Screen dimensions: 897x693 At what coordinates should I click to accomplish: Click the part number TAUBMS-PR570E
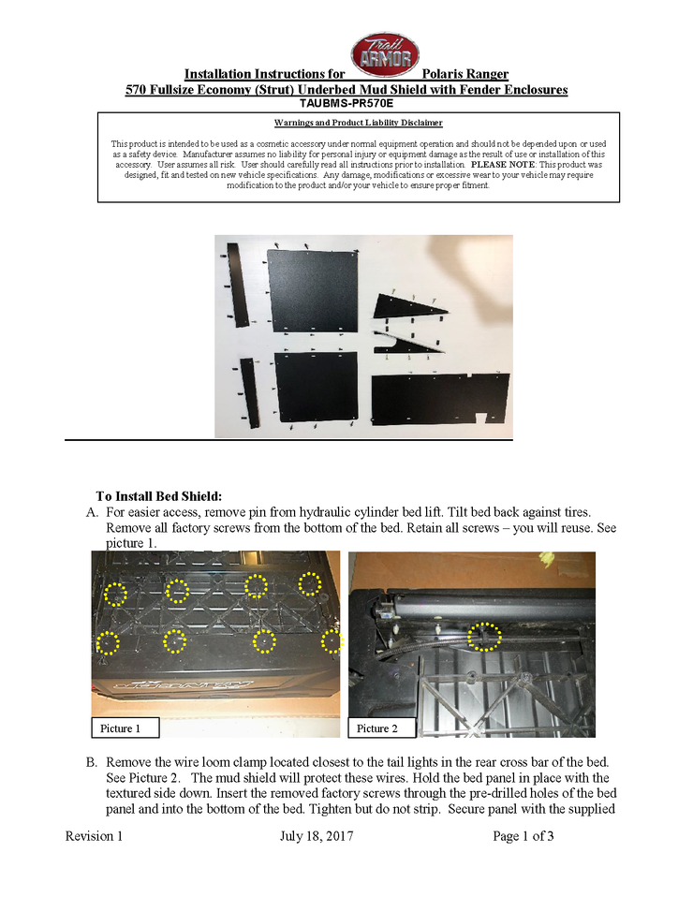pyautogui.click(x=346, y=103)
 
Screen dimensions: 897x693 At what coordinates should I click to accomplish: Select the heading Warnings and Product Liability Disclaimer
pyautogui.click(x=358, y=123)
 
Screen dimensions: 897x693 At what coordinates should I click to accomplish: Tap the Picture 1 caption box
pyautogui.click(x=125, y=728)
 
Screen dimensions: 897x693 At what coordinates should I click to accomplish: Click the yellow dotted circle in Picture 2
pyautogui.click(x=484, y=637)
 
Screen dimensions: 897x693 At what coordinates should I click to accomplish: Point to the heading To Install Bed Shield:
pyautogui.click(x=158, y=495)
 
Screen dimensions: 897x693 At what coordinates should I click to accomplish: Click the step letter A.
pyautogui.click(x=91, y=513)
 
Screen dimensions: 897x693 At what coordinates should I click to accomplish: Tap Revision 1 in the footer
pyautogui.click(x=94, y=836)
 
